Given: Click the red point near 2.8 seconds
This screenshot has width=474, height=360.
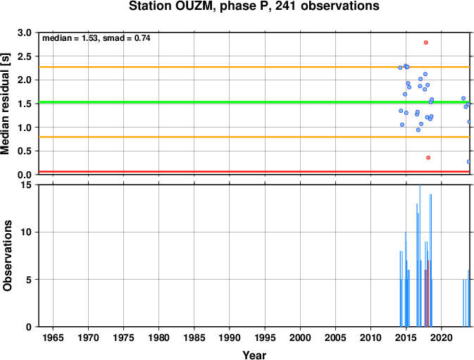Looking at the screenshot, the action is (x=426, y=42).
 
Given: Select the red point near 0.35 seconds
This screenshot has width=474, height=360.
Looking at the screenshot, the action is (x=428, y=158).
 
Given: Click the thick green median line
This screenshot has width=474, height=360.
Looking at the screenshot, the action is (x=254, y=102).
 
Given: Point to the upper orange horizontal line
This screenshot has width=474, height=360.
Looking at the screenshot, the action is (x=254, y=67).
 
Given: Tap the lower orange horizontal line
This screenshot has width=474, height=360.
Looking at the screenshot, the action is (x=254, y=137).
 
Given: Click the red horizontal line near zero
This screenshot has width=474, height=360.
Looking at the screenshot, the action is (x=254, y=172).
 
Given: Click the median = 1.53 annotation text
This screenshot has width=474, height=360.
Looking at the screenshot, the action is (x=70, y=38).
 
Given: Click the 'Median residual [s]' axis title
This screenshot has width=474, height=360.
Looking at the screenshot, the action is (x=6, y=104).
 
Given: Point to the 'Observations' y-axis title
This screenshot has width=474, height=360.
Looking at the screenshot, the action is (x=7, y=256).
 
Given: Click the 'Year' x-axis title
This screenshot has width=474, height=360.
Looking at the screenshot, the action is (x=254, y=355).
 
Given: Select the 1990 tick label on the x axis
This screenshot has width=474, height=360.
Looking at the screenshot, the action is (x=230, y=337).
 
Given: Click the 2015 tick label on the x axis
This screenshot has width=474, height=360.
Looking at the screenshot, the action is (x=406, y=337).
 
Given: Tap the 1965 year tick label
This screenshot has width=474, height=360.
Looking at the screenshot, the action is (x=54, y=337).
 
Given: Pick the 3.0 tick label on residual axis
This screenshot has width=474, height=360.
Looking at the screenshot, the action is (x=25, y=32).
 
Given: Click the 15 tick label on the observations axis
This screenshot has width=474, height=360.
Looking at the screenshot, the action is (x=27, y=185).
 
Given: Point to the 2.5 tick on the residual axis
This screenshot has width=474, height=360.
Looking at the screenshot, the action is (x=25, y=56).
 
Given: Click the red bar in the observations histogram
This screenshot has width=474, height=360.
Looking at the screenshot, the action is (x=428, y=293).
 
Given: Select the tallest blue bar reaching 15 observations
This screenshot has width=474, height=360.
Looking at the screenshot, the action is (x=420, y=256).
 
